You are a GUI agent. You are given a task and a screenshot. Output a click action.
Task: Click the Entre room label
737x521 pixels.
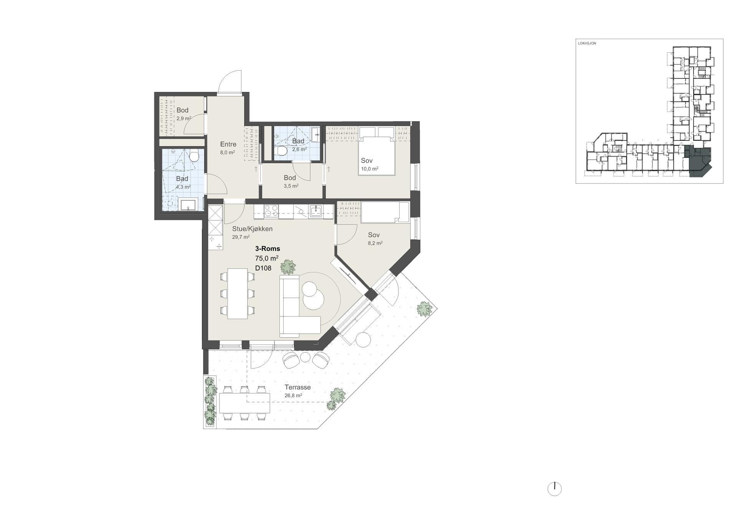click(228, 144)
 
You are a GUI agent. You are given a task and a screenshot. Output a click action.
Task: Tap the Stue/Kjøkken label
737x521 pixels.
click(252, 229)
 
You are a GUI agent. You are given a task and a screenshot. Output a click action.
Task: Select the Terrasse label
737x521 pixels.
click(297, 387)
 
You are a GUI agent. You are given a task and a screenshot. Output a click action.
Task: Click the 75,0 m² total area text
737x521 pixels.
click(267, 258)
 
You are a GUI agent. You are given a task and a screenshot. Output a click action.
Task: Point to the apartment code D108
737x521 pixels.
click(263, 268)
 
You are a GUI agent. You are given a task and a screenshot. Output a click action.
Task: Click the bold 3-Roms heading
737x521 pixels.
click(268, 249)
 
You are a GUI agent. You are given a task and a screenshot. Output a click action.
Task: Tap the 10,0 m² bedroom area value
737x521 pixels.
click(370, 169)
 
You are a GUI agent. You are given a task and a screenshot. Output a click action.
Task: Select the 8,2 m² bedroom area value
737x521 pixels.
click(375, 243)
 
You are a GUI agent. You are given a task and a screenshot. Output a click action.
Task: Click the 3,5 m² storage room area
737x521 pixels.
click(291, 186)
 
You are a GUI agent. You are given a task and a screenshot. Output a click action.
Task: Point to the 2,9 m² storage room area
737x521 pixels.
click(184, 119)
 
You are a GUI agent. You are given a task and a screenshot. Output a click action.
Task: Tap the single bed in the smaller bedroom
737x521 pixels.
click(385, 212)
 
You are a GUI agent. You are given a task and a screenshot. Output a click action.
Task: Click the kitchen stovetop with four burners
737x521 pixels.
click(272, 210)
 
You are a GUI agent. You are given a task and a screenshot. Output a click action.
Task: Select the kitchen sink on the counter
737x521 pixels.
click(316, 211)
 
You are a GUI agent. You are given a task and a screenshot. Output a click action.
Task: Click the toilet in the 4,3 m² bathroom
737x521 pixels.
click(194, 156)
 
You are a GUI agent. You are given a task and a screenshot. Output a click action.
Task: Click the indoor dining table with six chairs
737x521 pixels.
click(237, 293)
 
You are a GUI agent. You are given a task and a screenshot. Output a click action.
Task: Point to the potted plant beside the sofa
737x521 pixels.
click(288, 267)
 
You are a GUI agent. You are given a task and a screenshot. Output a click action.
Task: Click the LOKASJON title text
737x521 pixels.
click(587, 43)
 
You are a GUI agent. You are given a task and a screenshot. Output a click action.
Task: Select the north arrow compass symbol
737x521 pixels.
click(554, 489)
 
